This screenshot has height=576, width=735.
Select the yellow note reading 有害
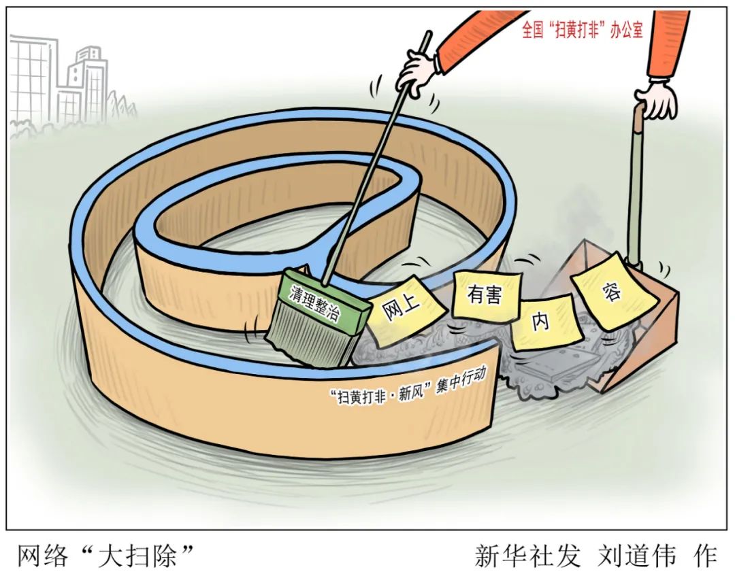point(485,295)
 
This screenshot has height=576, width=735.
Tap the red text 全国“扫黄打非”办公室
point(582,31)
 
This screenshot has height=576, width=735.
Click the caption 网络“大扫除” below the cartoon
point(105,555)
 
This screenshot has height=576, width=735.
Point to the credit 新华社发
point(528,555)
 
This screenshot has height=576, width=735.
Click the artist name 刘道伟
point(636,555)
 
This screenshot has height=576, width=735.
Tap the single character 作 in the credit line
point(704,555)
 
